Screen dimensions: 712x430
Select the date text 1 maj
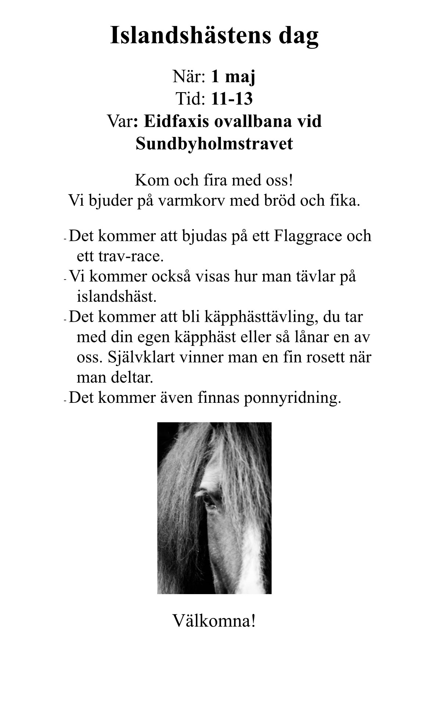(x=233, y=77)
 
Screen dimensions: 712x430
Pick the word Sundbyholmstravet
(x=214, y=144)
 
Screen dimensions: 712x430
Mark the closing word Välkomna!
(x=214, y=621)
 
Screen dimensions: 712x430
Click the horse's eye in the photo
(x=211, y=500)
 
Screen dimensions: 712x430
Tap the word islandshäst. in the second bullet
(x=117, y=296)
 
